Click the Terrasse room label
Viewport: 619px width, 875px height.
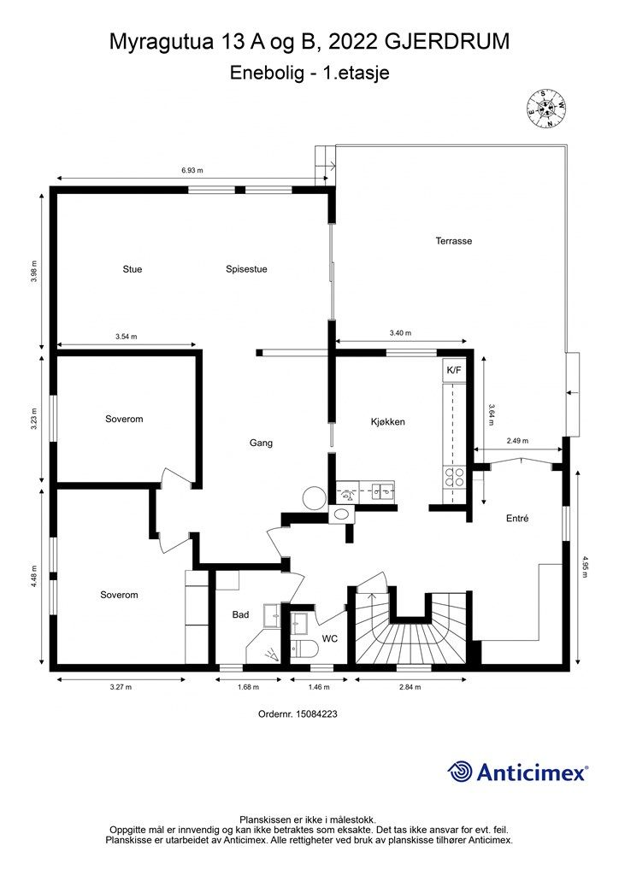pyautogui.click(x=454, y=241)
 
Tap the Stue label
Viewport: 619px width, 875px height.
pyautogui.click(x=133, y=269)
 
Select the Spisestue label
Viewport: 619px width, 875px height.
pyautogui.click(x=246, y=269)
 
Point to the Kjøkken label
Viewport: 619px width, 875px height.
pyautogui.click(x=388, y=422)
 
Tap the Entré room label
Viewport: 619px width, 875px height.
pyautogui.click(x=517, y=519)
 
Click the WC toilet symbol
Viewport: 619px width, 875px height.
pyautogui.click(x=304, y=649)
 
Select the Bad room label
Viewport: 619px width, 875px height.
pyautogui.click(x=240, y=614)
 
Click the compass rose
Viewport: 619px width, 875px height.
pyautogui.click(x=547, y=109)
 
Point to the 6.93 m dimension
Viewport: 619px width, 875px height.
pyautogui.click(x=192, y=171)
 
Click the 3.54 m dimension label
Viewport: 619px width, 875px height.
pyautogui.click(x=127, y=337)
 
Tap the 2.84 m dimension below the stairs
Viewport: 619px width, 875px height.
pyautogui.click(x=410, y=687)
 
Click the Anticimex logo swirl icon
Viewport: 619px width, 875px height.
pyautogui.click(x=460, y=772)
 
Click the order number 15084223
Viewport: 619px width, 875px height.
pyautogui.click(x=316, y=714)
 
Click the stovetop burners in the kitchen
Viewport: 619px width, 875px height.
pyautogui.click(x=454, y=478)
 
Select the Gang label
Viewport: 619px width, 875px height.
pyautogui.click(x=262, y=443)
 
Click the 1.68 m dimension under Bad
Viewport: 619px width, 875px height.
pyautogui.click(x=249, y=687)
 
